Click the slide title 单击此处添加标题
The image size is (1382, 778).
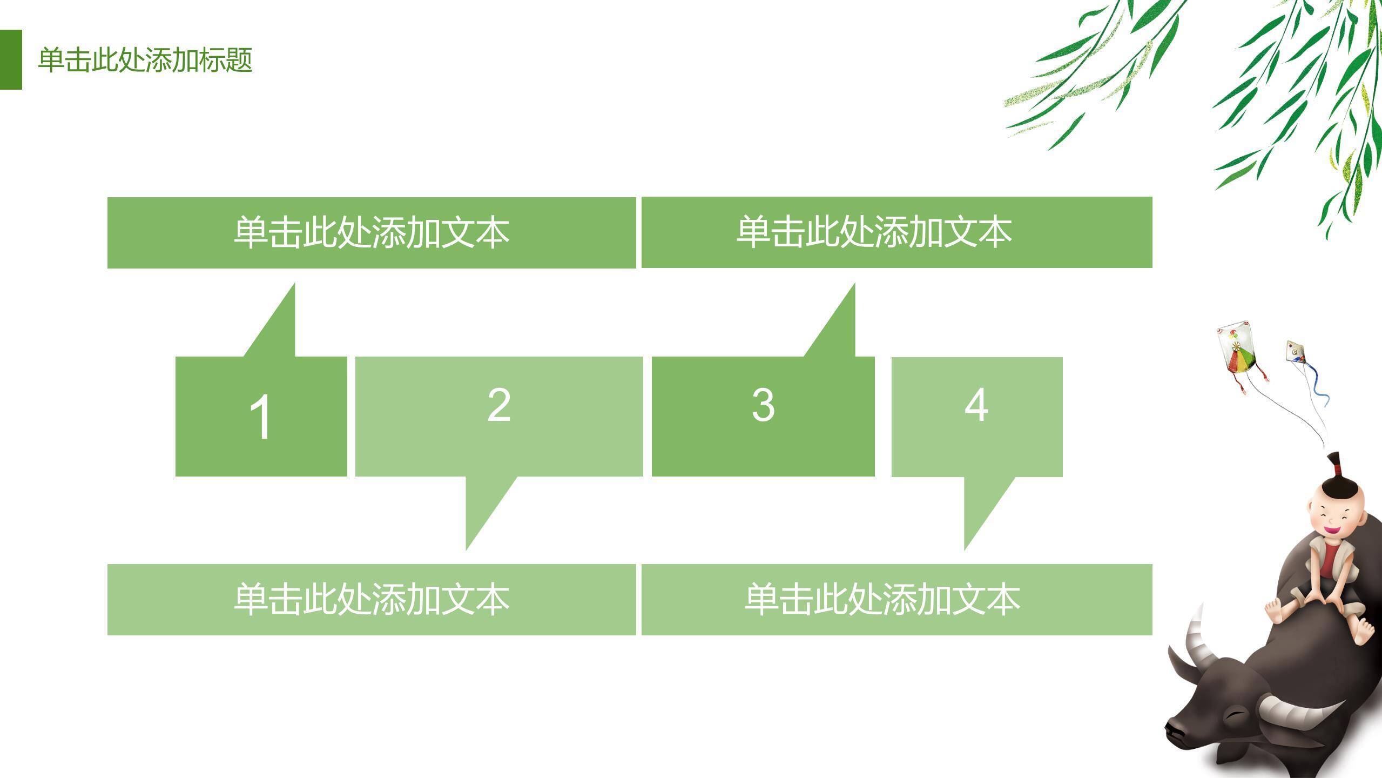(x=145, y=59)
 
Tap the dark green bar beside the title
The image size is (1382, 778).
(x=11, y=59)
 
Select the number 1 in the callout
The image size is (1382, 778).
(x=260, y=417)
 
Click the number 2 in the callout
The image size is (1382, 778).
(x=498, y=405)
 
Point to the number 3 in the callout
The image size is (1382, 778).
(x=763, y=405)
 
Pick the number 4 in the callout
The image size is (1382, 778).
(x=976, y=405)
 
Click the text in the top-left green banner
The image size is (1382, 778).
(x=372, y=233)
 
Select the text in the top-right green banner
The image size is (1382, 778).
(x=874, y=232)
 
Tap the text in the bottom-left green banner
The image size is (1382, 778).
(x=372, y=600)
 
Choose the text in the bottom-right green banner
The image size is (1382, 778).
(x=882, y=600)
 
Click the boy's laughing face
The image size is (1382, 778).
(x=1334, y=519)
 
